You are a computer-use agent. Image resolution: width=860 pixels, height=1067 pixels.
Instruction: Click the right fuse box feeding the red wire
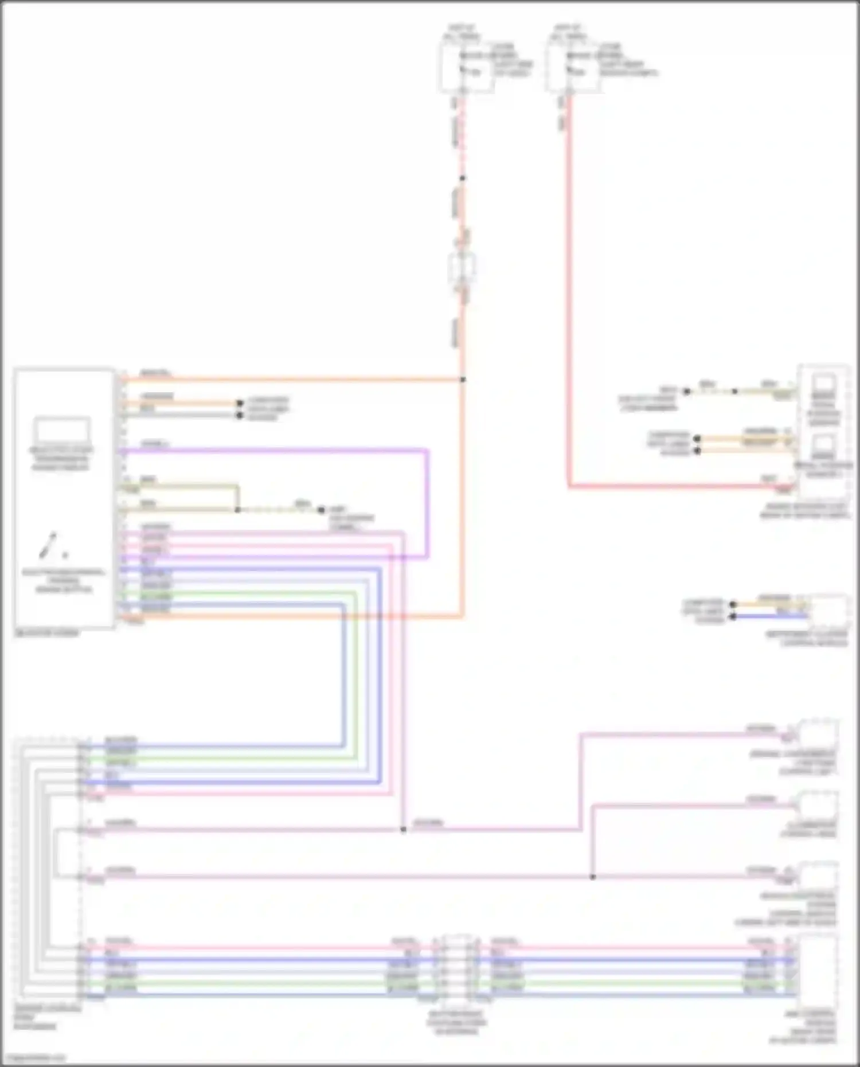(573, 68)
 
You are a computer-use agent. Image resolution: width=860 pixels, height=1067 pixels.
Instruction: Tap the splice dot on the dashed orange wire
(463, 178)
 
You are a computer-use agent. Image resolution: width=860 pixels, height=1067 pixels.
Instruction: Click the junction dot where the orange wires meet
(463, 380)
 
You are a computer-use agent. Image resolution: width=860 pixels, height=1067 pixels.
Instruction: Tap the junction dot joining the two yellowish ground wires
(238, 509)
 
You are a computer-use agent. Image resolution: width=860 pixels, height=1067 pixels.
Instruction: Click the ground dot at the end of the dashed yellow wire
(321, 509)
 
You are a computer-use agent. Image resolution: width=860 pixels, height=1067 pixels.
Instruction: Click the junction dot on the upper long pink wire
(403, 830)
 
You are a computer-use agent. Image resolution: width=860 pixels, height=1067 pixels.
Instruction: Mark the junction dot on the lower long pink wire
(593, 877)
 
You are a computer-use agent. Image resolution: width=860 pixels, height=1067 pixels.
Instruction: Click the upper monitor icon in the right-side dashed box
(824, 384)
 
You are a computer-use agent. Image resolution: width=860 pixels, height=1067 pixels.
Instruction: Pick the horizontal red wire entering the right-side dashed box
(677, 487)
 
